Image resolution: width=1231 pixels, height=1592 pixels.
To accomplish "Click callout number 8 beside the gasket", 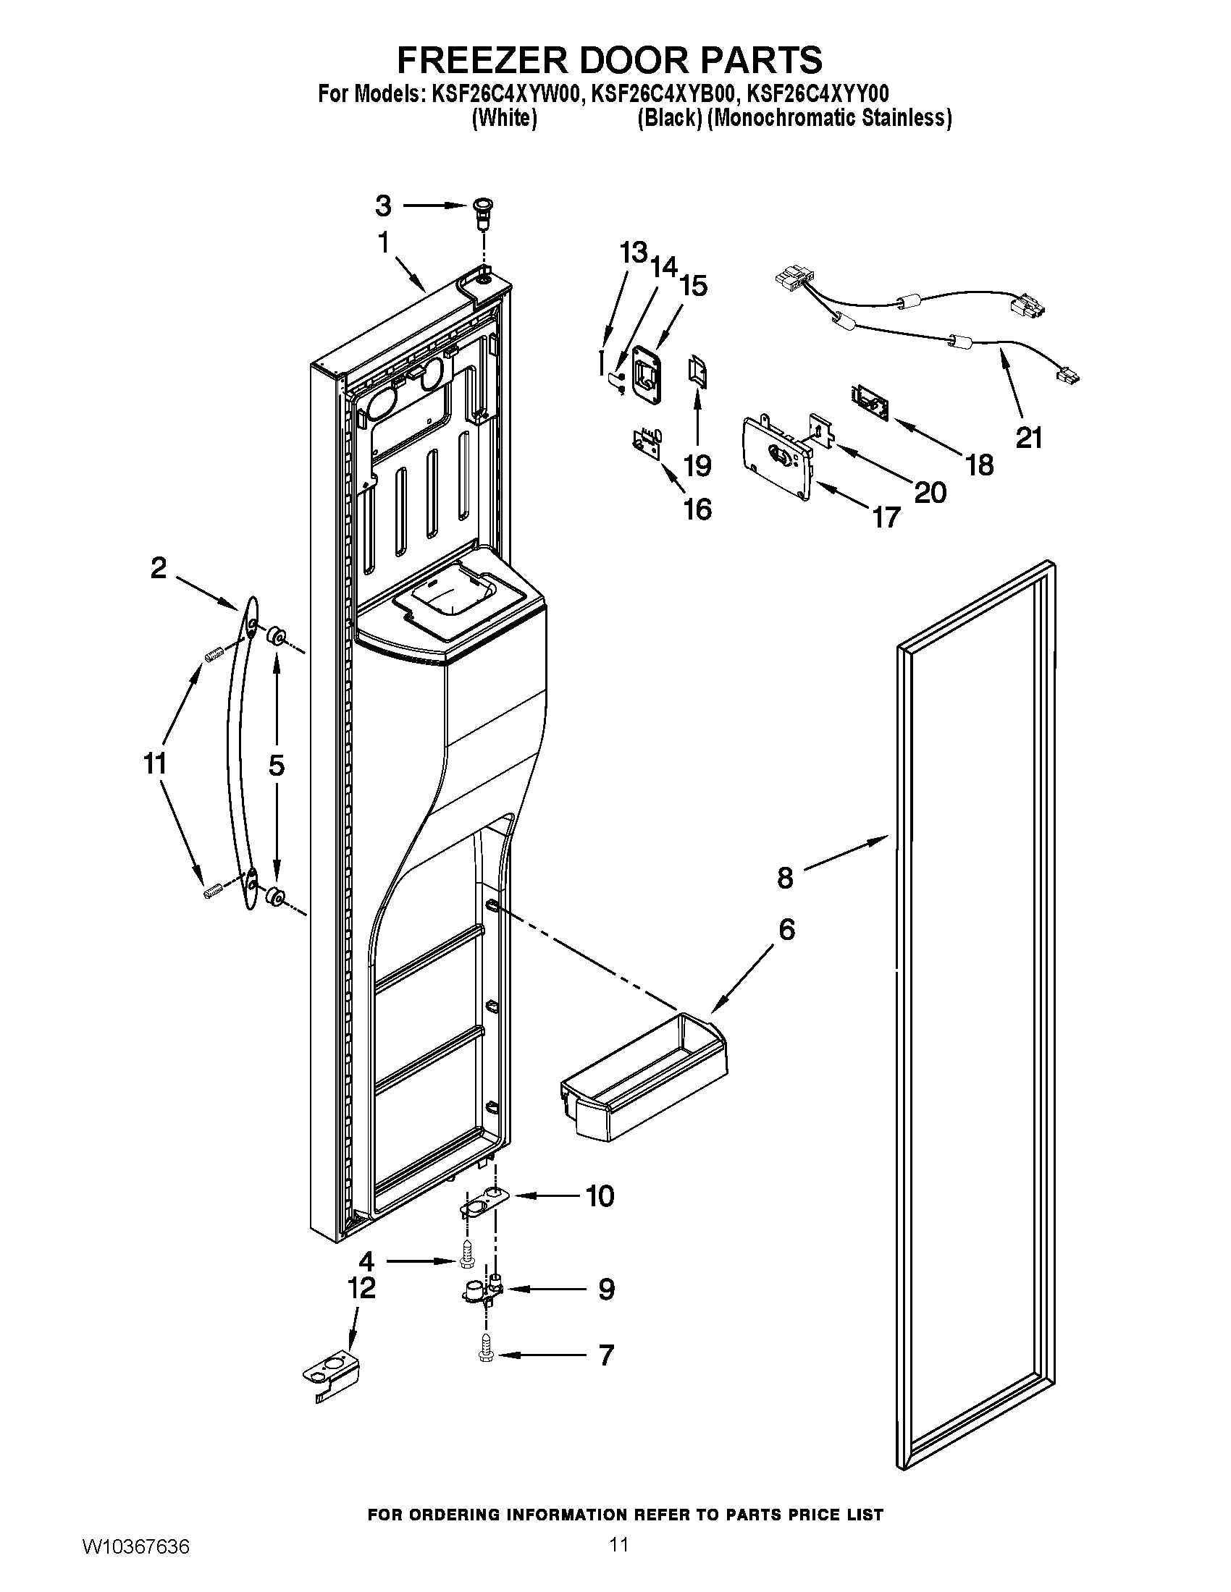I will [x=785, y=878].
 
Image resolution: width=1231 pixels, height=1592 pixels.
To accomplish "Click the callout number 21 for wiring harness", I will [x=1029, y=438].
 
